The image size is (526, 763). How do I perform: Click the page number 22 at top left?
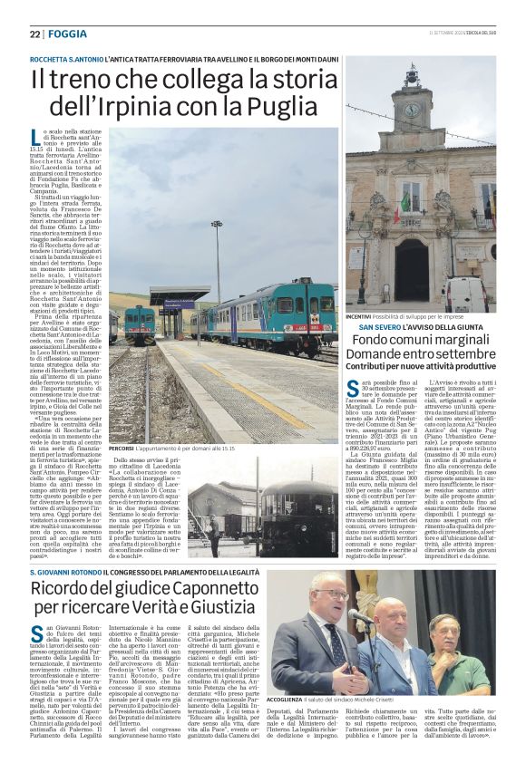34,34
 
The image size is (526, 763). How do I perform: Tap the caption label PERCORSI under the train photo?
122,448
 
